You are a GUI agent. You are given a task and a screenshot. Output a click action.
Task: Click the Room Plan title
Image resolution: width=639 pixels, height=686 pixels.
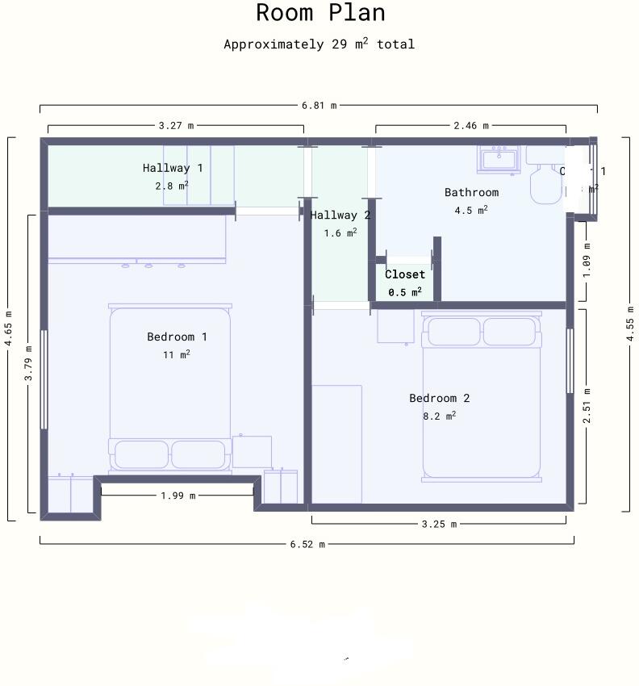(x=320, y=13)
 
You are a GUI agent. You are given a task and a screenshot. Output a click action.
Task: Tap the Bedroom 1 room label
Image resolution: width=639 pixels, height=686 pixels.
(x=177, y=337)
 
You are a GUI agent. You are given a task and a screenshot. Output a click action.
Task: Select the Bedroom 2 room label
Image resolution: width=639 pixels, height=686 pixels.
(x=439, y=398)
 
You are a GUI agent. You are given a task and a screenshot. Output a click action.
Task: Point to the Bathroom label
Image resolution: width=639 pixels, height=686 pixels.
(x=471, y=192)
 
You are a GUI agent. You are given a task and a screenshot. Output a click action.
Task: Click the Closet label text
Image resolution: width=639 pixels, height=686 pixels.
(x=404, y=274)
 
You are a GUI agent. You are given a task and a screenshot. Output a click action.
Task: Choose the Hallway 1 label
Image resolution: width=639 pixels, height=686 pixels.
(x=173, y=168)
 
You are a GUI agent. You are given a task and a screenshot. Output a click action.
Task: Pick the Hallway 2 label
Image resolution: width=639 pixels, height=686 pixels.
(x=340, y=215)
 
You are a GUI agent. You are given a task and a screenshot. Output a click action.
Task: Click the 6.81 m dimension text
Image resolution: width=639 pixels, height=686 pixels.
(x=319, y=106)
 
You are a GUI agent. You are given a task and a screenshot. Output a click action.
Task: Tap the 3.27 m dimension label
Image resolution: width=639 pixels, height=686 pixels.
(x=176, y=125)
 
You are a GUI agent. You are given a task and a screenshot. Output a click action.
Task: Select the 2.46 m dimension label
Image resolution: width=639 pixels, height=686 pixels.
(x=470, y=125)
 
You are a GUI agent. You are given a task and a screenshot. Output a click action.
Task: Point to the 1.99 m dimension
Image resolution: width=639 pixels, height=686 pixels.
(x=177, y=496)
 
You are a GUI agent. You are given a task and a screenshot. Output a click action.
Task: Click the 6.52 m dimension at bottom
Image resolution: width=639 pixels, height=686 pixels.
(x=307, y=544)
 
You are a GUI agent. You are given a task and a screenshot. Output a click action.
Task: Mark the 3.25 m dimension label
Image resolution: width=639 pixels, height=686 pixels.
(x=439, y=524)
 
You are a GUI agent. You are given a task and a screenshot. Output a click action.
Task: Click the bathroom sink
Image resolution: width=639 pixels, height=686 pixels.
(x=498, y=159)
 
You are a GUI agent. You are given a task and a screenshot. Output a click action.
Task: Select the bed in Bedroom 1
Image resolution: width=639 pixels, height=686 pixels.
(x=170, y=387)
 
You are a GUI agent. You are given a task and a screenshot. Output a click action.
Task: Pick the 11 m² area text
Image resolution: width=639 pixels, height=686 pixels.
(x=177, y=354)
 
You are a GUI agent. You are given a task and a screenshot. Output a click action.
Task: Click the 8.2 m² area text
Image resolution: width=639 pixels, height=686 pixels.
(x=439, y=416)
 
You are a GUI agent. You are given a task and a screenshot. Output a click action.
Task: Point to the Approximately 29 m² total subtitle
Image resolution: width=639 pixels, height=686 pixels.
(x=319, y=44)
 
